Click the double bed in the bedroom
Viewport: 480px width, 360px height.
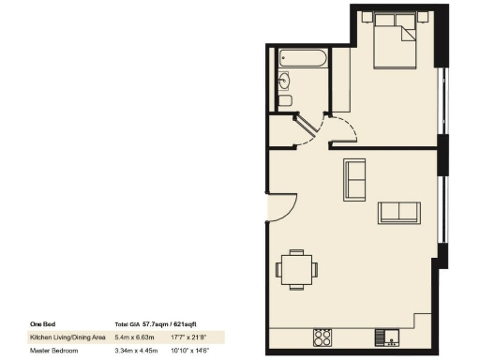394,47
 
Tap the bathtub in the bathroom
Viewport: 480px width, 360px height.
302,59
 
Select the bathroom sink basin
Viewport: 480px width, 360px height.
283,82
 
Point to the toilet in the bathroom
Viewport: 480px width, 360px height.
286,99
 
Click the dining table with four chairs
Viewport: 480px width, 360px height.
296,268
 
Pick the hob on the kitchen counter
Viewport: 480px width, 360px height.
324,336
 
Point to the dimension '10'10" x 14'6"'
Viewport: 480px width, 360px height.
190,350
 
